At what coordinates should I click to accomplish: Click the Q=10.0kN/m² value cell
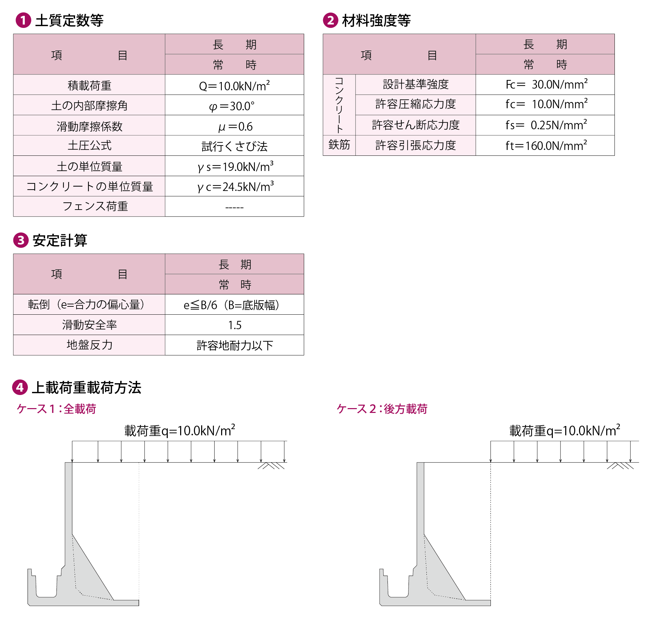tap(234, 85)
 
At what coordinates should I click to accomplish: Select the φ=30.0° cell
tap(234, 105)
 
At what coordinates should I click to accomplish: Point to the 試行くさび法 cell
tap(234, 146)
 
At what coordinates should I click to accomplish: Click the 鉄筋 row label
tap(339, 145)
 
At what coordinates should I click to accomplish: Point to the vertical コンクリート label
tap(339, 105)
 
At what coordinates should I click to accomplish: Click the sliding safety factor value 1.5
tap(234, 325)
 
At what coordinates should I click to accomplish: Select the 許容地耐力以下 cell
tap(234, 345)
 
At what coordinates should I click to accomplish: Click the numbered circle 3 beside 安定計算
tap(21, 240)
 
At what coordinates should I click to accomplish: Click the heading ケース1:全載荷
tap(56, 409)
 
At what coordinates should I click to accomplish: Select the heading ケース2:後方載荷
tap(382, 409)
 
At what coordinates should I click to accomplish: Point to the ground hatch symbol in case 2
tap(620, 466)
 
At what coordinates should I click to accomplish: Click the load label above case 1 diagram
tap(179, 430)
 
